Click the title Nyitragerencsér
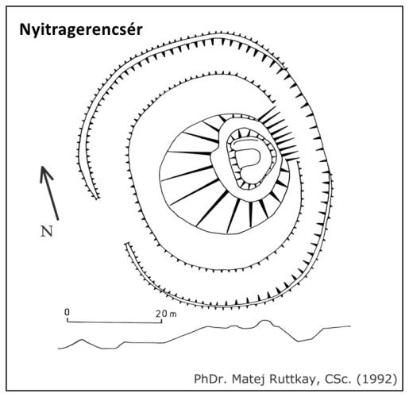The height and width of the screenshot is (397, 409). pos(81,30)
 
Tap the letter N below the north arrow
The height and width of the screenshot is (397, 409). pos(47,231)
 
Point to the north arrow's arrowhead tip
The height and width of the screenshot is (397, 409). pos(42,167)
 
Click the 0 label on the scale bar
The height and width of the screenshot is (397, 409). pos(67,312)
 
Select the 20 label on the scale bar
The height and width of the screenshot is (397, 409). pos(161,314)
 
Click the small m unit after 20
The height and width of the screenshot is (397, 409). pos(173,314)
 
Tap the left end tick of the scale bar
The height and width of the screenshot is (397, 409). pos(68,320)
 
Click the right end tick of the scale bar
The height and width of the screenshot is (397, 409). pos(161,320)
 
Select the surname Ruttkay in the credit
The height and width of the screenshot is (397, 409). pos(292,380)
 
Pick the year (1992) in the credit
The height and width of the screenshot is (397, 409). pos(377,380)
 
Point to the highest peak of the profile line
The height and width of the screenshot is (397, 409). pos(264,321)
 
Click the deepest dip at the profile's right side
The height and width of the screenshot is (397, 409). pos(299,341)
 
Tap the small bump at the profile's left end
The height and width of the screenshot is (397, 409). pos(82,340)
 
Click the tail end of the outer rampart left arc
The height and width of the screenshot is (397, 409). pos(97,198)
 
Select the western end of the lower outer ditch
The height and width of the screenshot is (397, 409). pos(127,244)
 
